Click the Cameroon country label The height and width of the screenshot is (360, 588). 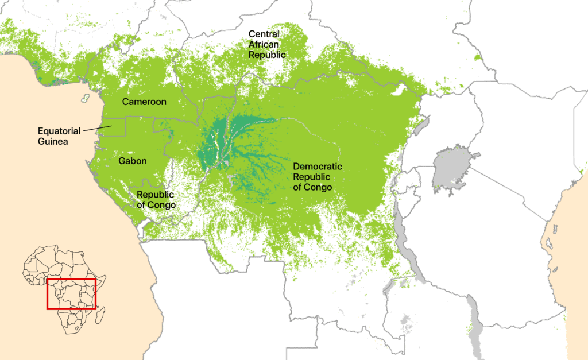144,102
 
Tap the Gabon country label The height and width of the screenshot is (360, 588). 133,161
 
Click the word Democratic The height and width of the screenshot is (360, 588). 318,167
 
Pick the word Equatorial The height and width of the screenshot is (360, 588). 59,131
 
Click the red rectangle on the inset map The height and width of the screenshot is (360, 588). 71,280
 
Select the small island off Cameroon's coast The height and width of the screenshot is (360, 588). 85,98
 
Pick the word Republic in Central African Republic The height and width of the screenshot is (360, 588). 266,55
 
